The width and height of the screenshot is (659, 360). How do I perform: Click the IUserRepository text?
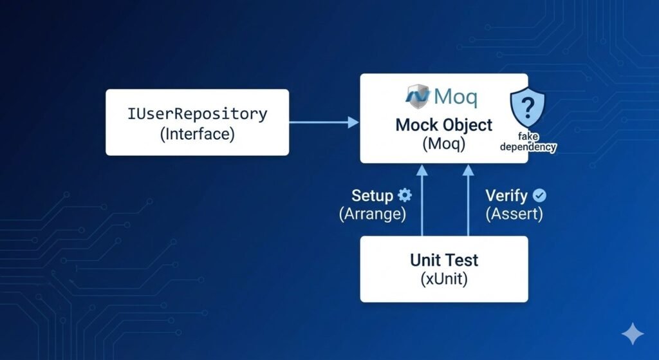click(x=197, y=114)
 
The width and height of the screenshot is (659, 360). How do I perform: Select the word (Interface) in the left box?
click(x=197, y=134)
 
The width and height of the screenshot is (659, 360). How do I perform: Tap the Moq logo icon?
click(x=418, y=96)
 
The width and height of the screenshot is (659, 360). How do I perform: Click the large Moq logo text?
click(x=456, y=97)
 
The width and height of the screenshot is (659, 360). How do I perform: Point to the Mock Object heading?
click(x=444, y=124)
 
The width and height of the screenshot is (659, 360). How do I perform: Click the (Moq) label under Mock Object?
click(x=444, y=144)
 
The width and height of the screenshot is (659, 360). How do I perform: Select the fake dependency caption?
click(x=528, y=142)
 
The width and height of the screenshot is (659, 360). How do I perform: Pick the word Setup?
click(x=373, y=196)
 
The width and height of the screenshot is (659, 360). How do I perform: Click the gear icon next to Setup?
click(x=405, y=196)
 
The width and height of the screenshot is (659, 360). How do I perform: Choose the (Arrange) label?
click(x=373, y=215)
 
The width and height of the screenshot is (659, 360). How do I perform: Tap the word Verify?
click(x=506, y=196)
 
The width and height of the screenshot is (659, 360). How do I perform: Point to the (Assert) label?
click(x=514, y=215)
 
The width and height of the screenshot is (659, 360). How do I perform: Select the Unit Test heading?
click(x=444, y=260)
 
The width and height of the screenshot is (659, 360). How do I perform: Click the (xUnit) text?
click(x=444, y=280)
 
